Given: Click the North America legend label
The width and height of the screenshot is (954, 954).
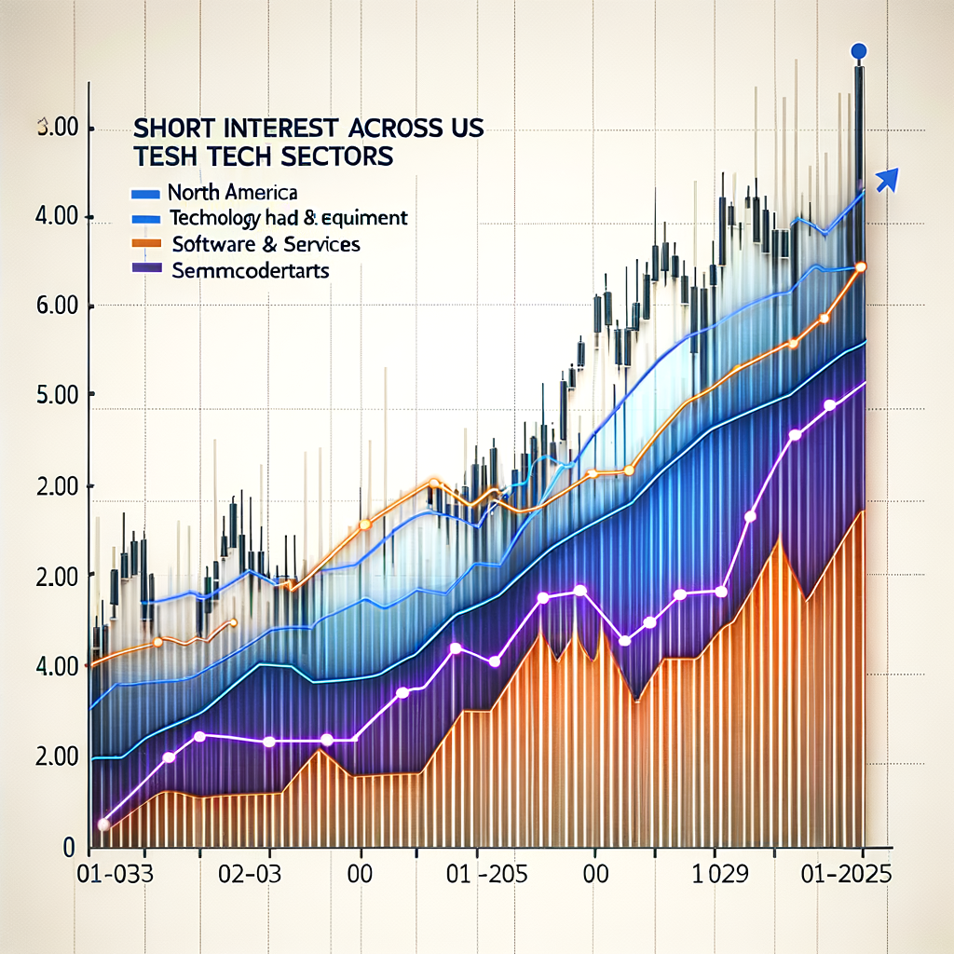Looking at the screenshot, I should (x=232, y=194).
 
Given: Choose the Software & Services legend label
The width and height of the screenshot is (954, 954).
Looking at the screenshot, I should (x=266, y=245).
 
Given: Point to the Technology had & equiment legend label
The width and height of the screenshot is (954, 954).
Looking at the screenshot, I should (x=289, y=219).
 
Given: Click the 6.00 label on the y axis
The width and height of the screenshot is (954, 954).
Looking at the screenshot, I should (x=56, y=307).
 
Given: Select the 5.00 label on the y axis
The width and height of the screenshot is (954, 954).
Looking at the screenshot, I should (x=56, y=395).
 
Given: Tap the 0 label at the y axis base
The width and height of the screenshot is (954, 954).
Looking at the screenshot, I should (x=68, y=847).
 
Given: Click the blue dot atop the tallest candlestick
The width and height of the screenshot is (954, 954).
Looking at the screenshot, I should (x=859, y=51).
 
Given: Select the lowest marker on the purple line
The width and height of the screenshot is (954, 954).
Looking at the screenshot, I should (x=103, y=825).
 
